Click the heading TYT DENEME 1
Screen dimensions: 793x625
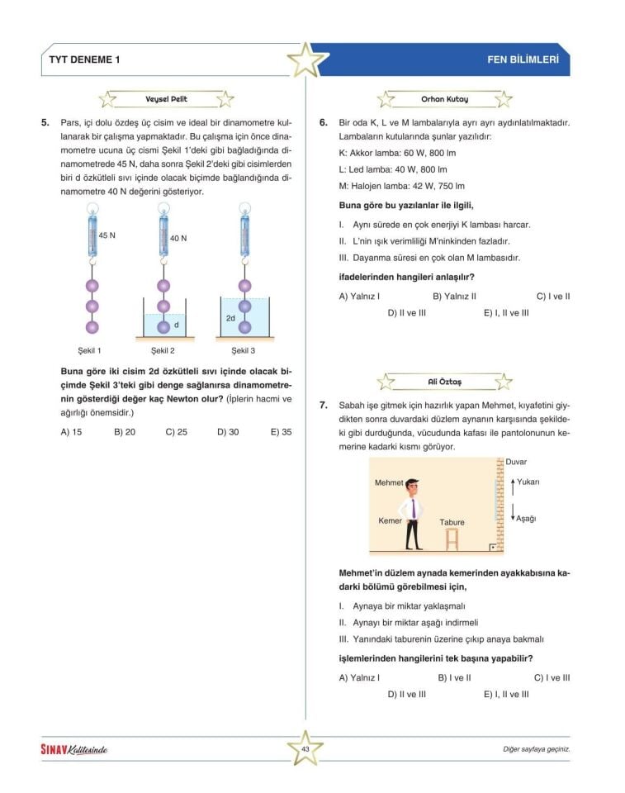pyautogui.click(x=85, y=60)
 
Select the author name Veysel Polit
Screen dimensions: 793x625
pyautogui.click(x=166, y=100)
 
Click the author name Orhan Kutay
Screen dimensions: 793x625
pyautogui.click(x=444, y=100)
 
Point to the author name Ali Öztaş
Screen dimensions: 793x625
pyautogui.click(x=444, y=382)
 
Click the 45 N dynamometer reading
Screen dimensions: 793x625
pyautogui.click(x=107, y=235)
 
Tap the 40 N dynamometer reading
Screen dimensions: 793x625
pyautogui.click(x=178, y=238)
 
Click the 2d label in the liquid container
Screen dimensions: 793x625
pyautogui.click(x=230, y=317)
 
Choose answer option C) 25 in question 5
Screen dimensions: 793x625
pyautogui.click(x=177, y=431)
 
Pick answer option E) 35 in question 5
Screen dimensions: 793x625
pyautogui.click(x=281, y=431)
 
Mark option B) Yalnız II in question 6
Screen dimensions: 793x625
pyautogui.click(x=454, y=296)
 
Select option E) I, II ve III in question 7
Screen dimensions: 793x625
pyautogui.click(x=506, y=695)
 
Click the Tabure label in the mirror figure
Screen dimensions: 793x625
pyautogui.click(x=452, y=522)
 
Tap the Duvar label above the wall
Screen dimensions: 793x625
pyautogui.click(x=516, y=462)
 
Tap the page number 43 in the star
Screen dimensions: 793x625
pyautogui.click(x=305, y=748)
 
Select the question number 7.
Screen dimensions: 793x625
pyautogui.click(x=324, y=406)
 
